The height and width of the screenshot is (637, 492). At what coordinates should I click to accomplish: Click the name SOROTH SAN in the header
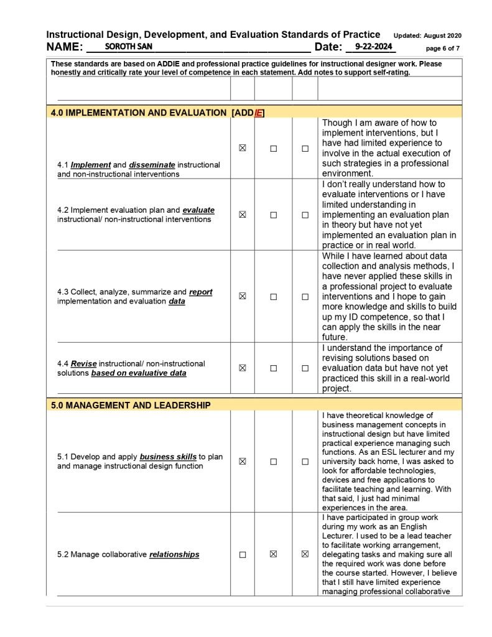124,47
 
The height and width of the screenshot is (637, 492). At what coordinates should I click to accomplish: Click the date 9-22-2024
371,47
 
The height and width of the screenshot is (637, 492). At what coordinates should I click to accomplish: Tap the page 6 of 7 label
443,48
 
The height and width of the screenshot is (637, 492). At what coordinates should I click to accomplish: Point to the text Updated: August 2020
427,35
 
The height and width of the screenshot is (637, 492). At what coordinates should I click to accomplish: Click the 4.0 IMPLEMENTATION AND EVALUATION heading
139,113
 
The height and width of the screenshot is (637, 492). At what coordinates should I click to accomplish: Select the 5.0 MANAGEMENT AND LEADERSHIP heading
131,405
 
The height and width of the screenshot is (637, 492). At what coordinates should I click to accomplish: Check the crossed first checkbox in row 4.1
243,149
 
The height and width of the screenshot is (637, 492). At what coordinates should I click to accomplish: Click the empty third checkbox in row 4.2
305,215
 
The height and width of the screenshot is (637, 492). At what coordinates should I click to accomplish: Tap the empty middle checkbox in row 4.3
273,297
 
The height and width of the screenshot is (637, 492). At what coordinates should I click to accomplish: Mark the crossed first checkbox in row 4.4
243,368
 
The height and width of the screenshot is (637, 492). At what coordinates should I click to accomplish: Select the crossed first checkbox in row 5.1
243,462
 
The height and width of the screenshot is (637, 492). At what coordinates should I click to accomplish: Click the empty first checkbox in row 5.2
243,554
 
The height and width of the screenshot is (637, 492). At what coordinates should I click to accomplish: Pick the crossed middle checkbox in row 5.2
273,554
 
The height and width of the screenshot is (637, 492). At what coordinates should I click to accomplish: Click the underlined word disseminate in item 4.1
152,165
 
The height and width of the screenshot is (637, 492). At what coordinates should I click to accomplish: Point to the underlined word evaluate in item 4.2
198,210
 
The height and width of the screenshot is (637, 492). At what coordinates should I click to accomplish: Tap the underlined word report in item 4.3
200,292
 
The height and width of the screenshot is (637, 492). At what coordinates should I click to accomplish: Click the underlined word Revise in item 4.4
83,364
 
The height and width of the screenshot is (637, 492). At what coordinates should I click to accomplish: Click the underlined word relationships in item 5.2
174,554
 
